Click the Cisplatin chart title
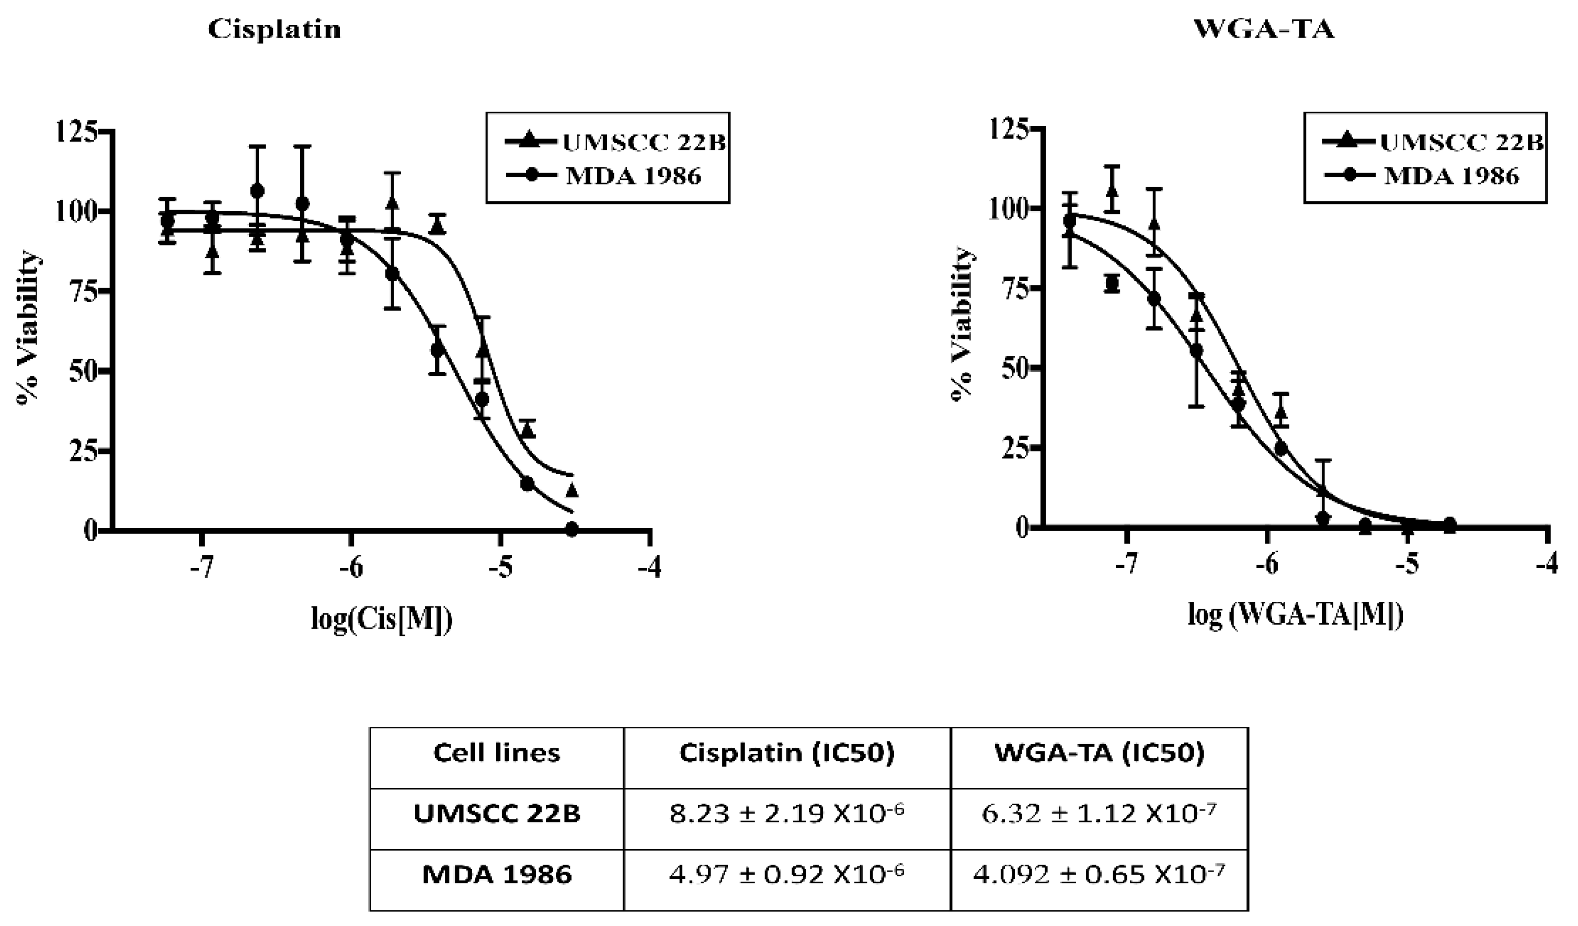click(x=275, y=29)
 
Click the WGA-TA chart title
click(x=1264, y=29)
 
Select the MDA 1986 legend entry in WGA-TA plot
click(x=1451, y=176)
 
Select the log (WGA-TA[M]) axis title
click(x=1295, y=616)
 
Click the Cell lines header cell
click(x=497, y=752)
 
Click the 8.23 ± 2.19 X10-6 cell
click(x=786, y=814)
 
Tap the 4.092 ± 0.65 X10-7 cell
click(x=1099, y=874)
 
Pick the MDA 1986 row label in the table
click(x=497, y=874)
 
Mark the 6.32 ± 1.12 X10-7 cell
click(x=1099, y=814)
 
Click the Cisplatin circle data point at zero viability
click(x=571, y=530)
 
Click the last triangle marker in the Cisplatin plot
click(x=571, y=491)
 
